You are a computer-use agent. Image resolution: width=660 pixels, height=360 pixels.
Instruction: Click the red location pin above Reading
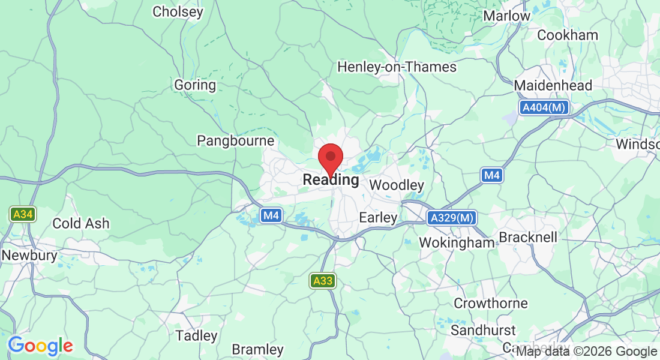pos(330,158)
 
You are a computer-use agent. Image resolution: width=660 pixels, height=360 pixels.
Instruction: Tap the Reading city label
pos(331,179)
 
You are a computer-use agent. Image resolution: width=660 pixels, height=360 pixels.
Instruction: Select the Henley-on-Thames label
pos(397,67)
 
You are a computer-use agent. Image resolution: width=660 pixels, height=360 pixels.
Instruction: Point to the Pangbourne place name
pos(236,141)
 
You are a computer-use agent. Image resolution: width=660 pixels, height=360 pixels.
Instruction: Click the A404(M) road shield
pos(544,108)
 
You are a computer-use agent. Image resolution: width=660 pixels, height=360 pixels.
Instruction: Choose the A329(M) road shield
pos(452,218)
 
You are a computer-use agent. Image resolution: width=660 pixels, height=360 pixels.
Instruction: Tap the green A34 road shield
pos(23,214)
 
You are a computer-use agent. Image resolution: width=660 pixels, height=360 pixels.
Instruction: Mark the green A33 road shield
pos(323,280)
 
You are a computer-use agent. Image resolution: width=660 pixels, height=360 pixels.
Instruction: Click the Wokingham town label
pos(457,242)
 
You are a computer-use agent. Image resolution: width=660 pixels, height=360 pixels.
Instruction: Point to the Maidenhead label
pos(553,85)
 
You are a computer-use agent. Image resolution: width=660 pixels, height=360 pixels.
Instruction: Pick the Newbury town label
pos(29,256)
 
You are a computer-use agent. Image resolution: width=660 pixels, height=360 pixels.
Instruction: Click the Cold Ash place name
pos(81,223)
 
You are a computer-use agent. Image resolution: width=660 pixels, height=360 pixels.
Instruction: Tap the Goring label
pos(195,85)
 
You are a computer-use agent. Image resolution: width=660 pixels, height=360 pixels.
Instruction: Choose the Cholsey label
pos(178,11)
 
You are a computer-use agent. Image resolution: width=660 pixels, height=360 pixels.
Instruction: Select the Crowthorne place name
pos(491,303)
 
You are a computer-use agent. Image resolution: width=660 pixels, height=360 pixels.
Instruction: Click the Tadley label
pos(196,335)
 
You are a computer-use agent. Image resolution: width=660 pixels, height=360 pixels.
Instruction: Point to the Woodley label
pos(397,185)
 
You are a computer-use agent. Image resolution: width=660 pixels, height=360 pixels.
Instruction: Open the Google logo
pos(40,346)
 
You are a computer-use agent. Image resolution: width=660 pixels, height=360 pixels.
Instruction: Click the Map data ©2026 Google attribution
pos(587,352)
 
